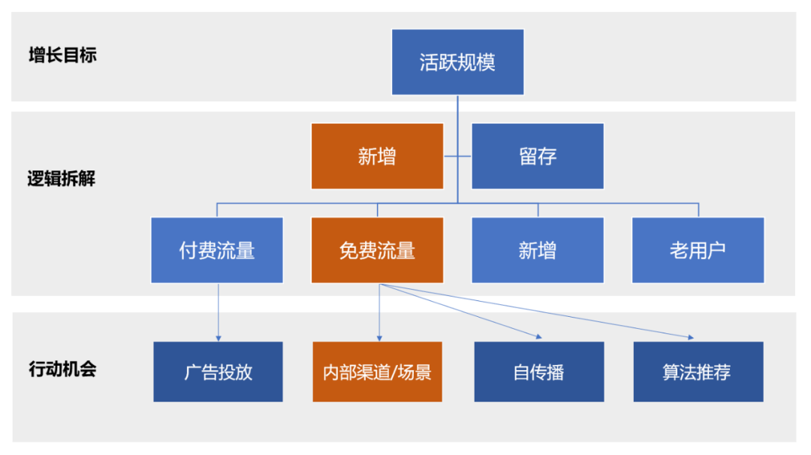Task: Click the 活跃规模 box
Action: click(x=457, y=62)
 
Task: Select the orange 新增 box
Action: click(x=377, y=156)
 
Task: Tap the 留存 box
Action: click(x=538, y=156)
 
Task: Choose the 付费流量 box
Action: click(x=217, y=250)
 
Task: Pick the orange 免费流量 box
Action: click(x=377, y=250)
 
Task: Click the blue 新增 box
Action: click(x=538, y=250)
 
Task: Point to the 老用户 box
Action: click(x=698, y=250)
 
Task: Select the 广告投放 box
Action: click(x=218, y=372)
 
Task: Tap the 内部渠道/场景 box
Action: click(x=377, y=372)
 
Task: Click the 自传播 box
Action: click(x=538, y=372)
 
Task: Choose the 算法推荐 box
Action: click(x=698, y=372)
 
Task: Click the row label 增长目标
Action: click(x=62, y=55)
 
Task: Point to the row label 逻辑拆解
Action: click(x=62, y=179)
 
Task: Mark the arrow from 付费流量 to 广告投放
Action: click(x=218, y=312)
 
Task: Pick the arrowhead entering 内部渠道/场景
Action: click(x=378, y=338)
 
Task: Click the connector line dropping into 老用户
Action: click(x=698, y=209)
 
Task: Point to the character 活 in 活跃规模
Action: click(x=429, y=62)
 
